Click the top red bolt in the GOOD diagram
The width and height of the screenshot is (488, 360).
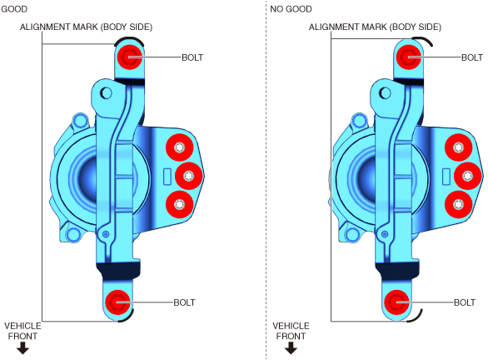pyautogui.click(x=130, y=57)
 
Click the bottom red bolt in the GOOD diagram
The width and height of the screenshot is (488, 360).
pyautogui.click(x=117, y=302)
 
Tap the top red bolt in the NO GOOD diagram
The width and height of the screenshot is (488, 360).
pyautogui.click(x=409, y=57)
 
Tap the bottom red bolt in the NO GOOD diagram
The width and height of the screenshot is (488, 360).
pyautogui.click(x=396, y=302)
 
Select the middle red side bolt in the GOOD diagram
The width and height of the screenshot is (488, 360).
pyautogui.click(x=189, y=176)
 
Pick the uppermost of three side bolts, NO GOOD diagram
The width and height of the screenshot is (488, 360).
pyautogui.click(x=458, y=147)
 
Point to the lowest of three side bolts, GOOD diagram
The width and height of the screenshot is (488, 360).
pyautogui.click(x=180, y=204)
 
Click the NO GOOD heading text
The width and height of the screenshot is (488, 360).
pyautogui.click(x=291, y=9)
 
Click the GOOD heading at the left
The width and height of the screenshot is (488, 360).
pyautogui.click(x=14, y=9)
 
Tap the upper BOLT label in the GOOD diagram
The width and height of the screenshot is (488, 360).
pyautogui.click(x=192, y=57)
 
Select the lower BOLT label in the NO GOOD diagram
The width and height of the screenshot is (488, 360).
pyautogui.click(x=465, y=302)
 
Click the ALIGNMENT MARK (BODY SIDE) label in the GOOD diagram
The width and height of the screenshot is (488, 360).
pyautogui.click(x=87, y=27)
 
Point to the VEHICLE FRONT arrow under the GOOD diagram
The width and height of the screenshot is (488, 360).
pyautogui.click(x=22, y=347)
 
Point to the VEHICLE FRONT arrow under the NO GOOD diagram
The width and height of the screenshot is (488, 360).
pyautogui.click(x=291, y=347)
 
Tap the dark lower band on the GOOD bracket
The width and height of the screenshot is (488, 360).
pyautogui.click(x=118, y=270)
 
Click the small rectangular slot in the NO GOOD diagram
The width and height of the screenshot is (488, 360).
pyautogui.click(x=446, y=177)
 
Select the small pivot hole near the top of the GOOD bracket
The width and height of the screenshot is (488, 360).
pyautogui.click(x=106, y=92)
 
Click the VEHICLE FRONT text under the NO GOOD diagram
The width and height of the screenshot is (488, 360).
pyautogui.click(x=291, y=331)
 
